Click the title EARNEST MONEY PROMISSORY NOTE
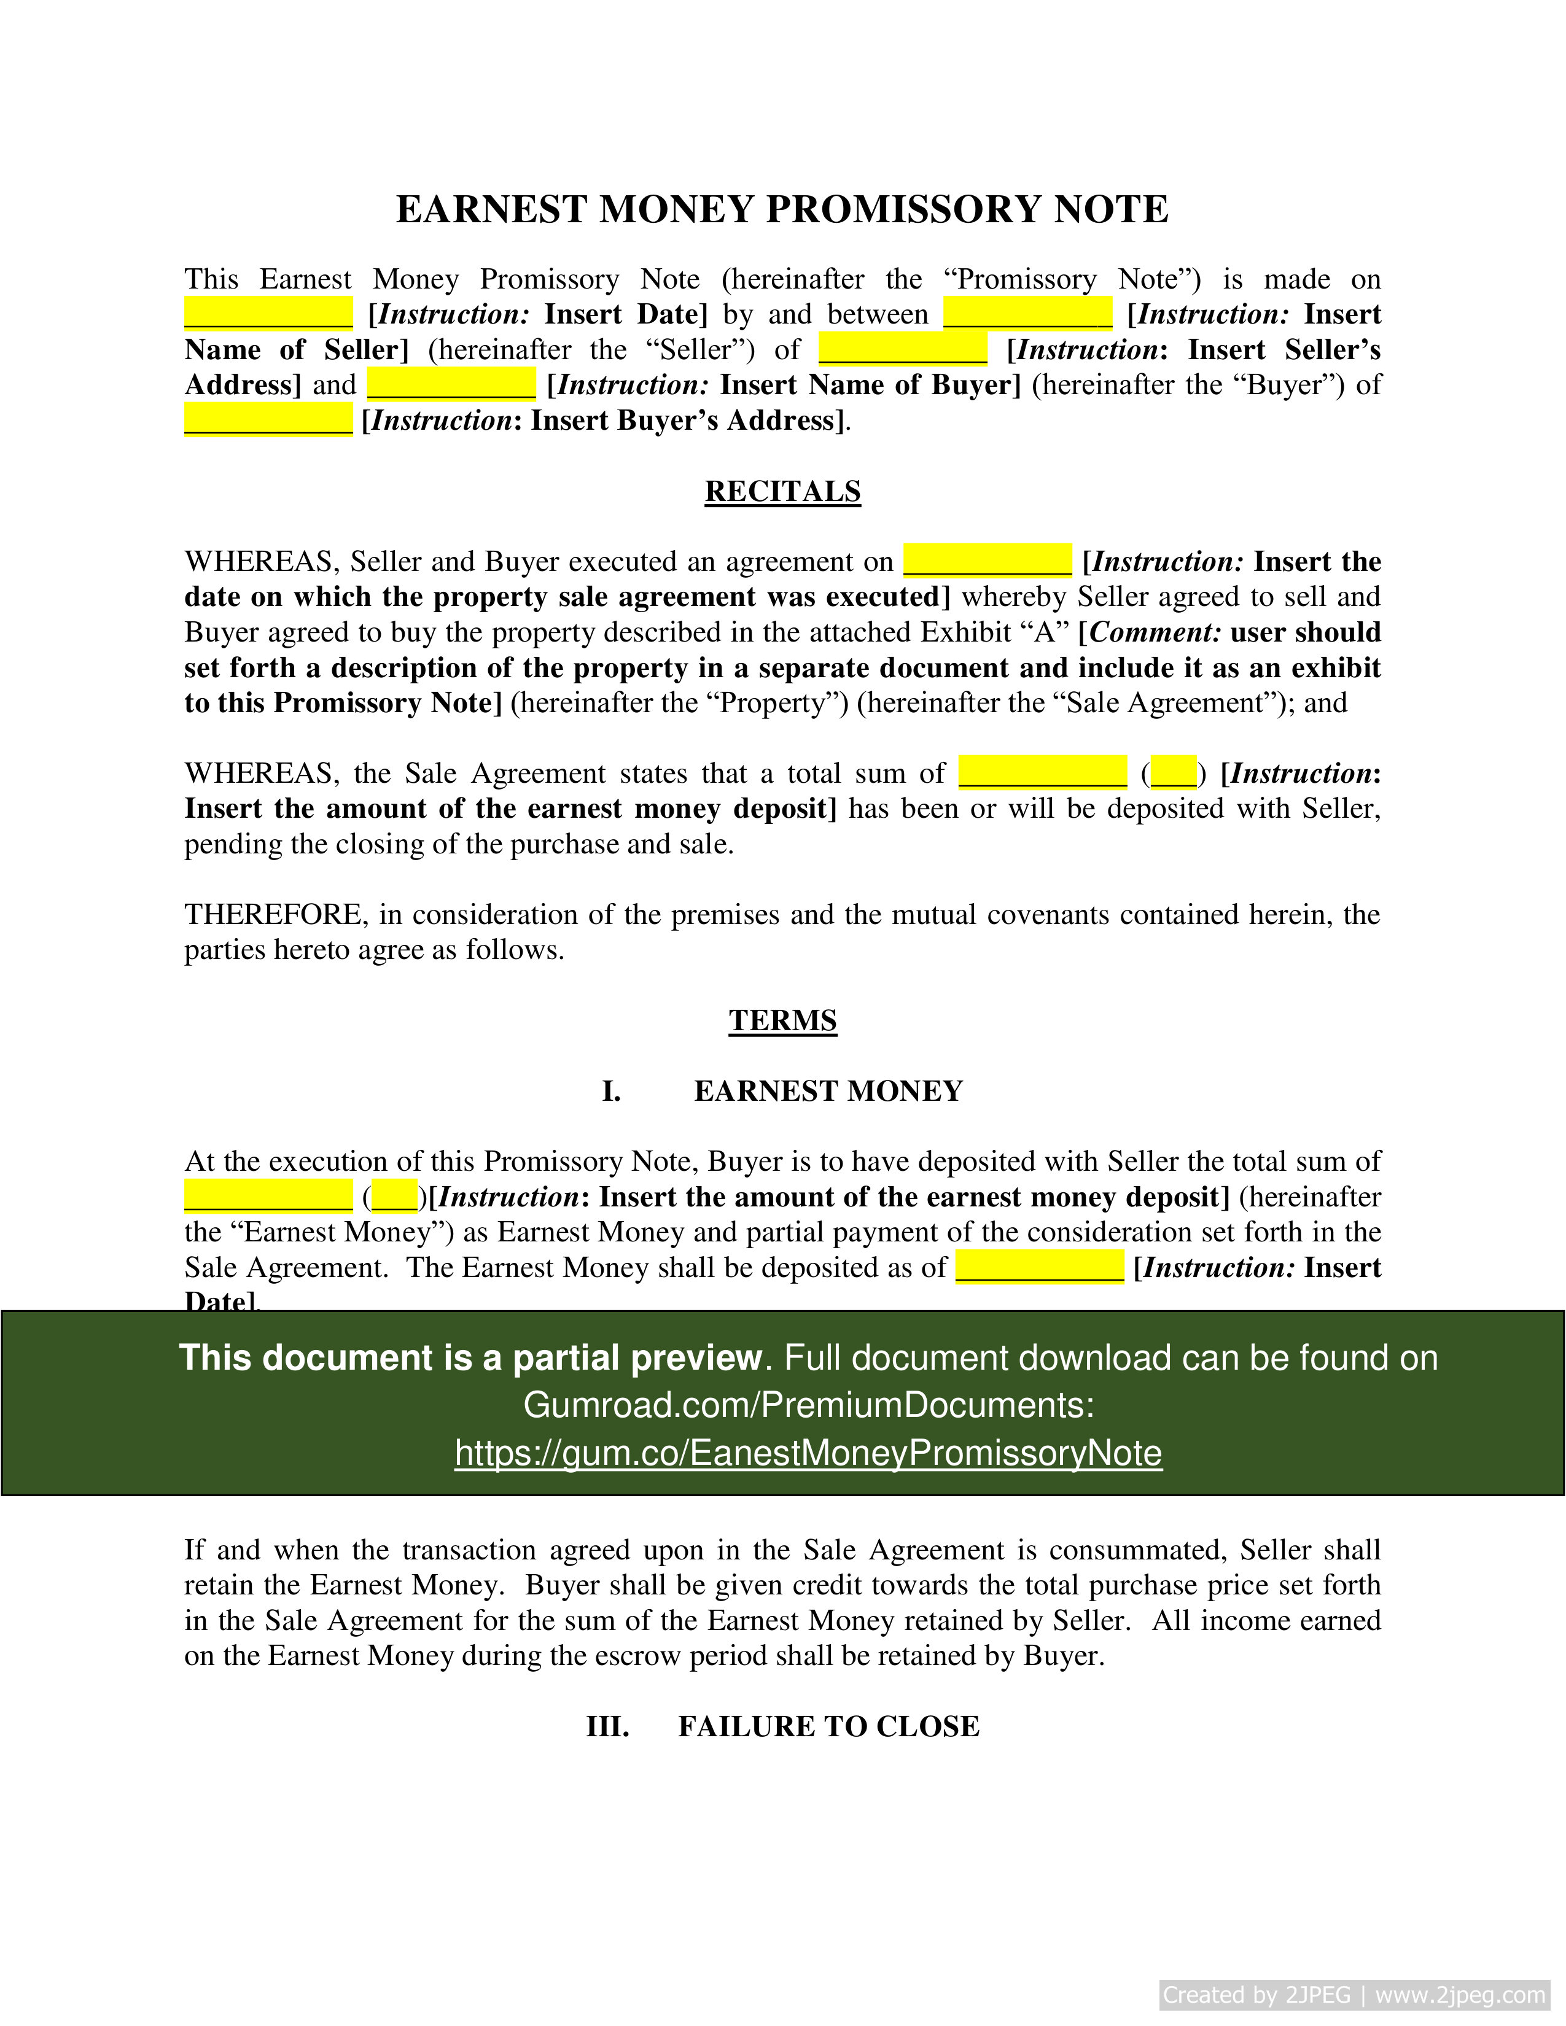782,209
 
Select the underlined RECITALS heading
782,491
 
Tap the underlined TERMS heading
782,1020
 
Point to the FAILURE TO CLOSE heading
828,1726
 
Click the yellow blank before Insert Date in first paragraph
268,314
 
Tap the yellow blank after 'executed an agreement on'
987,561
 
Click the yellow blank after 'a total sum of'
1042,773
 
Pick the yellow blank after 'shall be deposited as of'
1039,1267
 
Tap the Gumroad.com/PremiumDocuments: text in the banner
808,1405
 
